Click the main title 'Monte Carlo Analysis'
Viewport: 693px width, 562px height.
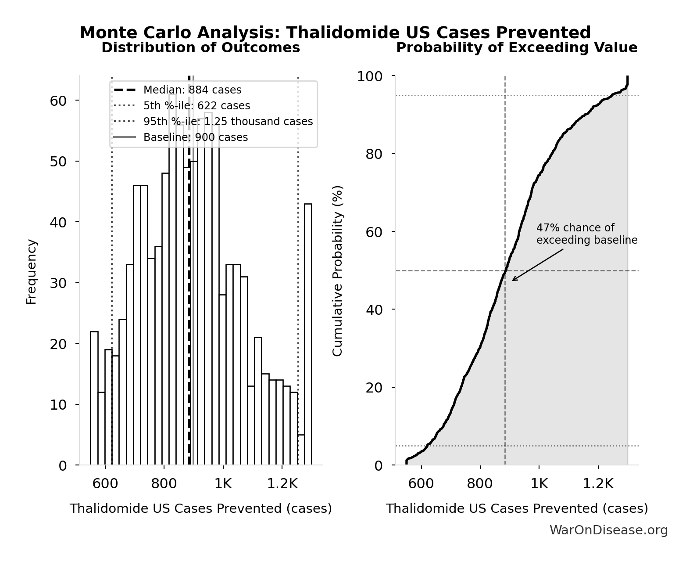335,32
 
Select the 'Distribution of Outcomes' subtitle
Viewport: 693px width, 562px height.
200,47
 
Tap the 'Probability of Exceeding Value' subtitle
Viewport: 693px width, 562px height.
517,47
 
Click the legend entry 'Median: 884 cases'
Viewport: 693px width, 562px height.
192,90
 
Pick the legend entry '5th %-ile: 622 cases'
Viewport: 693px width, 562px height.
196,106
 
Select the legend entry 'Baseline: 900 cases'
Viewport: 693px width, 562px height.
196,137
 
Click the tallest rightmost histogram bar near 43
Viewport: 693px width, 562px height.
308,334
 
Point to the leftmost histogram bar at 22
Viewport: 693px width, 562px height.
94,398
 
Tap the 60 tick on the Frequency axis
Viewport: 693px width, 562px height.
58,101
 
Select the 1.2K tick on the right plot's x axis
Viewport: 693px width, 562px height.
598,484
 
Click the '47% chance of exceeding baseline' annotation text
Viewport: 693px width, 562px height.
586,234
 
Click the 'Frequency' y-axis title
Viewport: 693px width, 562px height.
31,271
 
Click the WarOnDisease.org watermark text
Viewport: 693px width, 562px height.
608,530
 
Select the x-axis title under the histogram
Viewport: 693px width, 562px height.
200,508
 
